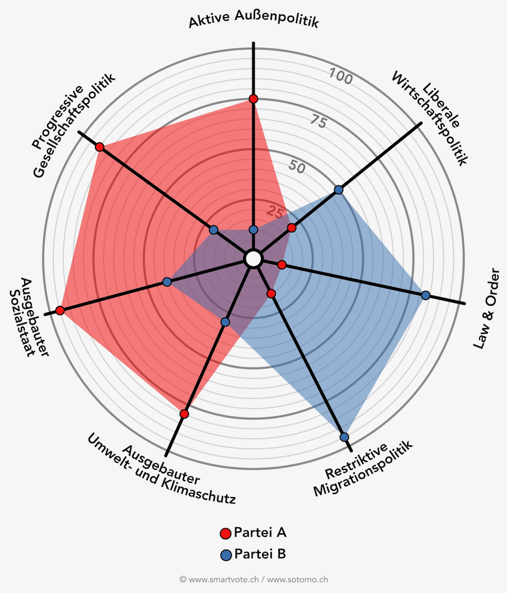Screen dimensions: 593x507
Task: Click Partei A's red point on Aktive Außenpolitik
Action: coord(253,99)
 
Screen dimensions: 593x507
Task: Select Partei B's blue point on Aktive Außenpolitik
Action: coord(253,229)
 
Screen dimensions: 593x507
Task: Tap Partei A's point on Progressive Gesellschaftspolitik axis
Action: coord(99,147)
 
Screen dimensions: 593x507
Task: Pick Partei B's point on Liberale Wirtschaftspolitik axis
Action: coord(339,189)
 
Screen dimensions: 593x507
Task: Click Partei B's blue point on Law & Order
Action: coord(426,295)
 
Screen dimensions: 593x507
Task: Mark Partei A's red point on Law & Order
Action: coord(282,265)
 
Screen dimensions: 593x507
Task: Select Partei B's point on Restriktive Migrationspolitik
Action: coord(344,437)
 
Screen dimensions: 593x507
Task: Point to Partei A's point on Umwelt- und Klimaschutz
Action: coord(184,414)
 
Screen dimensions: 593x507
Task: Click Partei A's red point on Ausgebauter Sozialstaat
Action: coord(60,310)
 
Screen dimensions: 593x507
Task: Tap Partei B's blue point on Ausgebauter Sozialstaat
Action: coord(167,282)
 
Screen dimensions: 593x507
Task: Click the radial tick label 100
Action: coord(341,76)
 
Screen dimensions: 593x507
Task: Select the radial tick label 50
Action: coord(297,166)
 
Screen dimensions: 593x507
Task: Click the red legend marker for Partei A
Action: coord(225,533)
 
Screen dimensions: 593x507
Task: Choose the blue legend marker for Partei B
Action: coord(225,555)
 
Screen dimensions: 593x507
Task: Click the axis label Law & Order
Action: coord(487,308)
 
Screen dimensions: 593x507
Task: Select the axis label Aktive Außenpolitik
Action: coord(253,20)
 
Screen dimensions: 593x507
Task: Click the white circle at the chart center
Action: coord(253,259)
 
